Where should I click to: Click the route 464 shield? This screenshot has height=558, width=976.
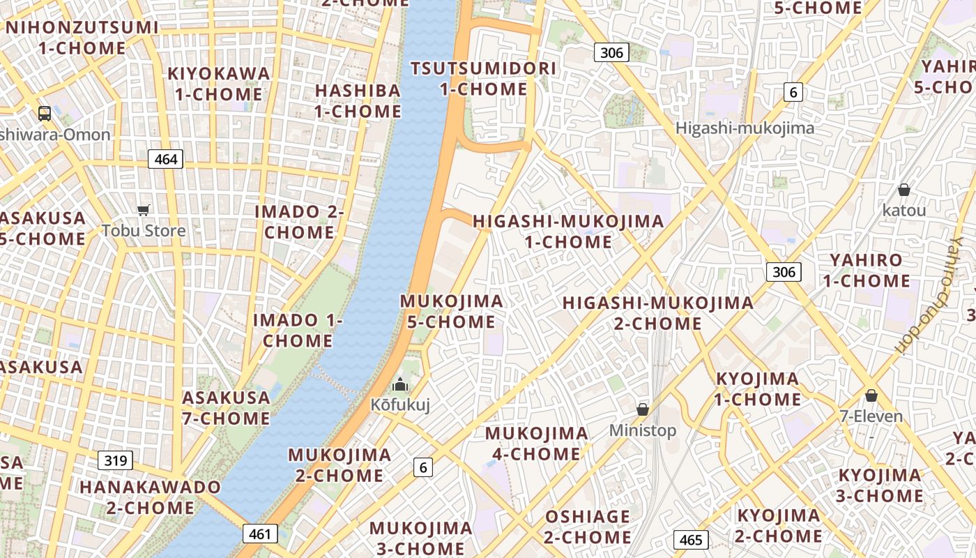click(165, 159)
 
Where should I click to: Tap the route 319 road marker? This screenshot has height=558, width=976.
click(115, 460)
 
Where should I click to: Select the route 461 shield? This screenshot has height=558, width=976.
click(260, 534)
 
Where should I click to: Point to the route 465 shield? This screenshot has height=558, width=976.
click(691, 540)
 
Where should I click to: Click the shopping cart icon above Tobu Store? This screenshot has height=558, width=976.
click(144, 210)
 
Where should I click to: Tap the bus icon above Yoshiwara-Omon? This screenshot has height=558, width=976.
click(45, 114)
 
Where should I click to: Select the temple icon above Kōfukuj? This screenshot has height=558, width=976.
click(400, 384)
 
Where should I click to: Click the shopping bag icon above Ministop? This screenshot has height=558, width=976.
click(643, 409)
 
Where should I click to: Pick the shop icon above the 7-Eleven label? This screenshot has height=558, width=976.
click(871, 396)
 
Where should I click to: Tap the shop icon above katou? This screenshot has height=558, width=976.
click(904, 190)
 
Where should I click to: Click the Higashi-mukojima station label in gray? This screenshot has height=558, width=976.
click(745, 128)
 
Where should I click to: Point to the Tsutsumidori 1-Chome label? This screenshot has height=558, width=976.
click(484, 79)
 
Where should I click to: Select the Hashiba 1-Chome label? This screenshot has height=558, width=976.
click(358, 100)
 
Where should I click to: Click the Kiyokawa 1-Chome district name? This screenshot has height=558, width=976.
click(219, 84)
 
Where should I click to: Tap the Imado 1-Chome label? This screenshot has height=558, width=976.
click(298, 331)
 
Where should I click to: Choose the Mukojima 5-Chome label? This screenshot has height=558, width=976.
click(451, 312)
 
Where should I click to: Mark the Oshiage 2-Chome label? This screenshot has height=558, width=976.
click(588, 527)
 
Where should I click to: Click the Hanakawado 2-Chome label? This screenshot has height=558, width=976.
click(150, 497)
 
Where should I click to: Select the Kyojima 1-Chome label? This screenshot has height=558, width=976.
click(758, 389)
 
